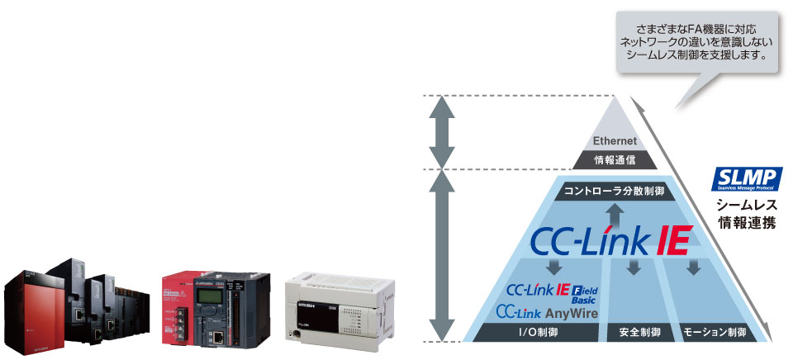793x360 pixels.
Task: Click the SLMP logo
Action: (747, 179)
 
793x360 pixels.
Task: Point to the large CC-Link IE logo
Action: (607, 241)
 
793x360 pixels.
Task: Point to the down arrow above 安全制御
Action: (634, 268)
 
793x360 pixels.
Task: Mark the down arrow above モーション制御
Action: (695, 268)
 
